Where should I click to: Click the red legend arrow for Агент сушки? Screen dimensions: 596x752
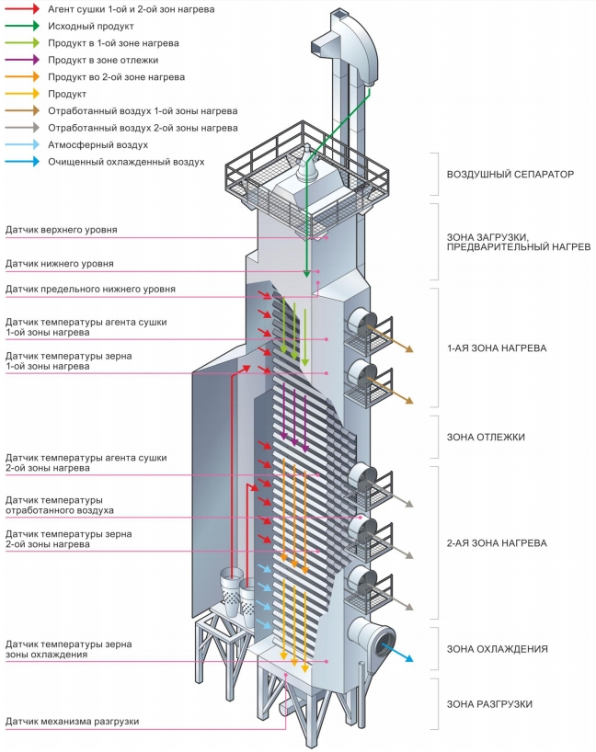click(22, 8)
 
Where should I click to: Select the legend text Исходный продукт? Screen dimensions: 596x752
click(91, 26)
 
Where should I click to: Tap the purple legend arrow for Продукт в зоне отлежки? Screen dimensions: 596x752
click(22, 60)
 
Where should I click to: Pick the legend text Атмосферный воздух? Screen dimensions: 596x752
click(97, 145)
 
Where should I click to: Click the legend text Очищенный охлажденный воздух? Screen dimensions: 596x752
click(126, 162)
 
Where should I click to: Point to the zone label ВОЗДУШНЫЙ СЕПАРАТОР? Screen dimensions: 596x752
click(510, 174)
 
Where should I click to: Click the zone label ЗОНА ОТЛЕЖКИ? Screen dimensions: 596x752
click(486, 437)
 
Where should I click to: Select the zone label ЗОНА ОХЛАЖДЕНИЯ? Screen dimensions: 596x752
click(498, 649)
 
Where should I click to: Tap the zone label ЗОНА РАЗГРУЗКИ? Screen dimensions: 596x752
click(489, 704)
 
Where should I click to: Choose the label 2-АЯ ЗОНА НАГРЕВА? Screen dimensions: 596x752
click(498, 543)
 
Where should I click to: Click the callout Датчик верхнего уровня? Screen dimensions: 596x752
click(62, 230)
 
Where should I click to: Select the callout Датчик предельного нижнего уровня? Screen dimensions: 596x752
click(90, 290)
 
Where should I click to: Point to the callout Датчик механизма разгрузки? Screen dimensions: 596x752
click(72, 722)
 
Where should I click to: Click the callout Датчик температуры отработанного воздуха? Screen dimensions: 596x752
click(60, 505)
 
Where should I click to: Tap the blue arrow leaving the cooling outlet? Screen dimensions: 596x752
click(397, 652)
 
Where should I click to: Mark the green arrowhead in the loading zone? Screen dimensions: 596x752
click(306, 273)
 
